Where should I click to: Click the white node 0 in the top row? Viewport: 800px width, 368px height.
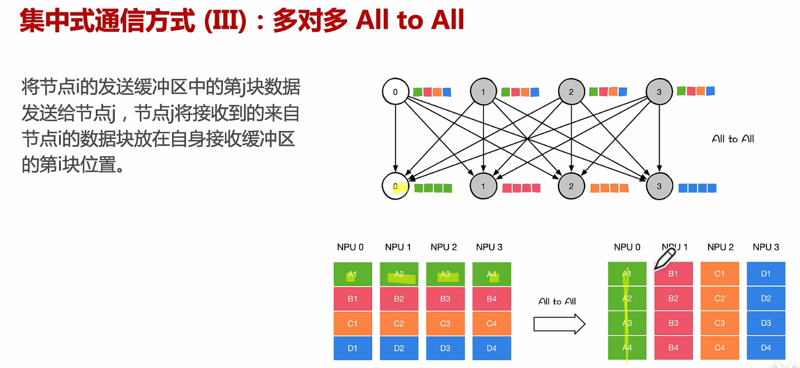click(396, 91)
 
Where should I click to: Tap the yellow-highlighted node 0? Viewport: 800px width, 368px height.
click(396, 186)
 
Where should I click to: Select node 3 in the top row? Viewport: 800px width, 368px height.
click(659, 91)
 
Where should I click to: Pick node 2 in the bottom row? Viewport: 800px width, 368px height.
click(571, 186)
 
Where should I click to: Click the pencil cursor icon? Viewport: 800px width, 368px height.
click(665, 258)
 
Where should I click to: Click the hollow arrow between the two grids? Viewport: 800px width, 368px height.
click(559, 324)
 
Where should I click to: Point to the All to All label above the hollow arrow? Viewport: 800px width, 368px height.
click(557, 302)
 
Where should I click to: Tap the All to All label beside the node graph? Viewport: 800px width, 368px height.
click(733, 139)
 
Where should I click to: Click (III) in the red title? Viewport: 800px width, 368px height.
click(225, 21)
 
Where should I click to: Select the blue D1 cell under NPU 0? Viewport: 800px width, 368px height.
click(353, 348)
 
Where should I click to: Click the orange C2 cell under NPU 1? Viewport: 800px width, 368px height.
click(399, 323)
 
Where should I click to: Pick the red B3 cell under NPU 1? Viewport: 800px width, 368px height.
click(673, 323)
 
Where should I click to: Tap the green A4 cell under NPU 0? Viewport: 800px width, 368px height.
click(627, 347)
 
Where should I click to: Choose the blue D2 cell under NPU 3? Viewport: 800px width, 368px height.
click(765, 298)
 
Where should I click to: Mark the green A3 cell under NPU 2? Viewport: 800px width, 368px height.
click(445, 274)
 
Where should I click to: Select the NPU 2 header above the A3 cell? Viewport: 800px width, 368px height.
click(443, 247)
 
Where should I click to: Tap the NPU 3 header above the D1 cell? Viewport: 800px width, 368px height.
click(765, 247)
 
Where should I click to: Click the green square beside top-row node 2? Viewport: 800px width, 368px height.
click(593, 91)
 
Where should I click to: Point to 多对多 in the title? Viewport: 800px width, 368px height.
click(310, 21)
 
